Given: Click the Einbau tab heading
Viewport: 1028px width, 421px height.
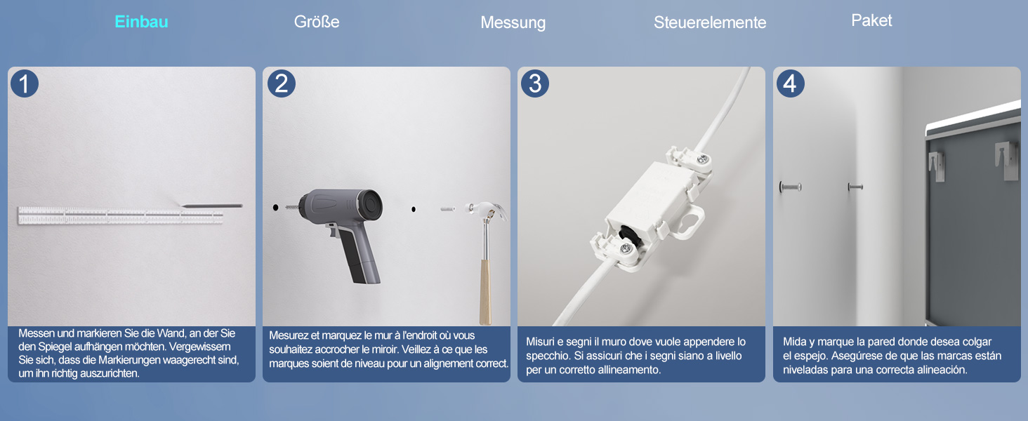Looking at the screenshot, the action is [141, 22].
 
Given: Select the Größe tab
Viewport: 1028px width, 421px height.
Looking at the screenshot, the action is [317, 22].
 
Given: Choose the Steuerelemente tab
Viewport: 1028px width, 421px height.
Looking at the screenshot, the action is [710, 22].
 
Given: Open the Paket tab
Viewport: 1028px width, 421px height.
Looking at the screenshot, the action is [871, 20].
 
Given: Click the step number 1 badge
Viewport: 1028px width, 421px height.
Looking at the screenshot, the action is [25, 83].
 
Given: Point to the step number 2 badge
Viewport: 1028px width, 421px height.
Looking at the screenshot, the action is [282, 83].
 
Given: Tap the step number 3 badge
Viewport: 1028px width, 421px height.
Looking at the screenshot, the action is [535, 83].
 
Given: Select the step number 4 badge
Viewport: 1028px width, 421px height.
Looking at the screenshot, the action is [790, 83].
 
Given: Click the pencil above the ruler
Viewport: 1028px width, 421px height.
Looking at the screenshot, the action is [211, 206].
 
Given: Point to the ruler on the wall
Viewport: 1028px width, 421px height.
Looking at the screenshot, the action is [120, 216].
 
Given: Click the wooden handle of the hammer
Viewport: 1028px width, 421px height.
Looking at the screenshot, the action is [485, 292].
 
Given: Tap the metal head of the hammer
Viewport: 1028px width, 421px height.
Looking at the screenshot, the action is [487, 210].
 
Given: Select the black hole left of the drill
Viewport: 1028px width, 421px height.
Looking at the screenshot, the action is [275, 208].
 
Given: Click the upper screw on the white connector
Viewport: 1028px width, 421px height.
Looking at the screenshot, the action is [702, 159].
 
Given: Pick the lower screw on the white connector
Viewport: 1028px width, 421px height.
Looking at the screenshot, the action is [625, 248].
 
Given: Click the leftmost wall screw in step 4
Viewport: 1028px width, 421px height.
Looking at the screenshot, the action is [790, 187].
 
